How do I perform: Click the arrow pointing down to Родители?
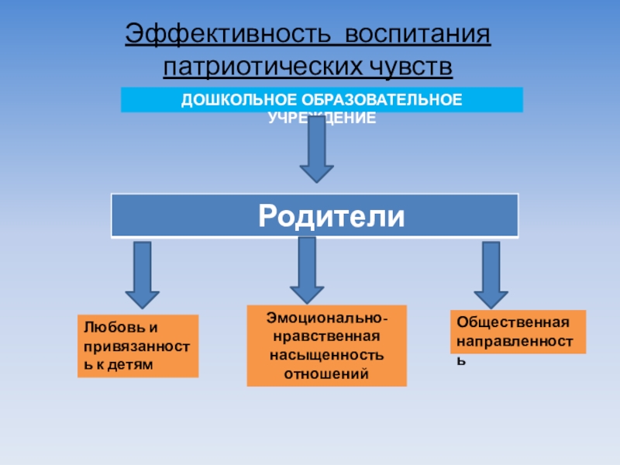tap(316, 151)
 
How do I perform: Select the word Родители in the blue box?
tap(331, 215)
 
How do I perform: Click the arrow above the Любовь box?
tap(142, 275)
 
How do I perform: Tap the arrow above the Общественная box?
tap(491, 275)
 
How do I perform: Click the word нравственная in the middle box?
tap(326, 337)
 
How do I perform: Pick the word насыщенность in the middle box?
tap(326, 356)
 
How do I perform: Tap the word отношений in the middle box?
tap(326, 374)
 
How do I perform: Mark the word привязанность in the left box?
tap(138, 346)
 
